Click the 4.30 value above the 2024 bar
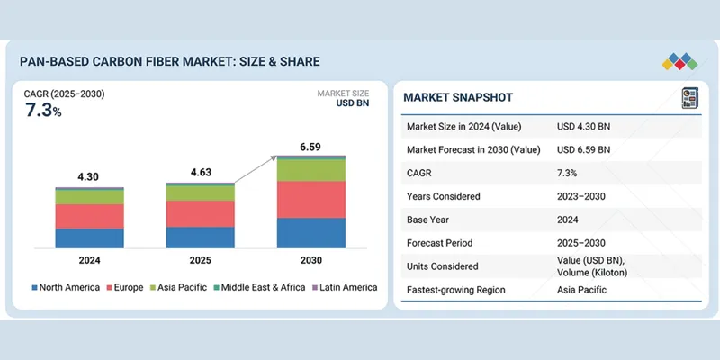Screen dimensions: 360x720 tap(88, 177)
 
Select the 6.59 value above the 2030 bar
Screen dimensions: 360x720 tap(310, 146)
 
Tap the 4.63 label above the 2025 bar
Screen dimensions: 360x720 tap(200, 172)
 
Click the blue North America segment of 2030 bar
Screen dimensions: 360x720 tap(310, 232)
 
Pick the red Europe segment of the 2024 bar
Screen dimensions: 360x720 tap(88, 216)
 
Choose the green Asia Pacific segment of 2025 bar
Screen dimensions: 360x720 tap(200, 193)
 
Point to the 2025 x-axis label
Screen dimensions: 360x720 tap(200, 260)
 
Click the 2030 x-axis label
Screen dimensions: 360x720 tap(310, 260)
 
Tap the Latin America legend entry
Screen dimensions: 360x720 tap(344, 287)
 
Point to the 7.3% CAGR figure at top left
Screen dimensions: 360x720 tap(43, 111)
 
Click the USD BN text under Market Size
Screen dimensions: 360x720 tap(355, 103)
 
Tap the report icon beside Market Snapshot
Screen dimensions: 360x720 tap(689, 97)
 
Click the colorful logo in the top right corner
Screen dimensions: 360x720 tap(679, 61)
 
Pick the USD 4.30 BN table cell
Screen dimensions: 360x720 tap(583, 126)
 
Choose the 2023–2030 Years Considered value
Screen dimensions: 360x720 tap(583, 196)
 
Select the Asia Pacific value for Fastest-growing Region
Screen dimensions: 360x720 tap(581, 290)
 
